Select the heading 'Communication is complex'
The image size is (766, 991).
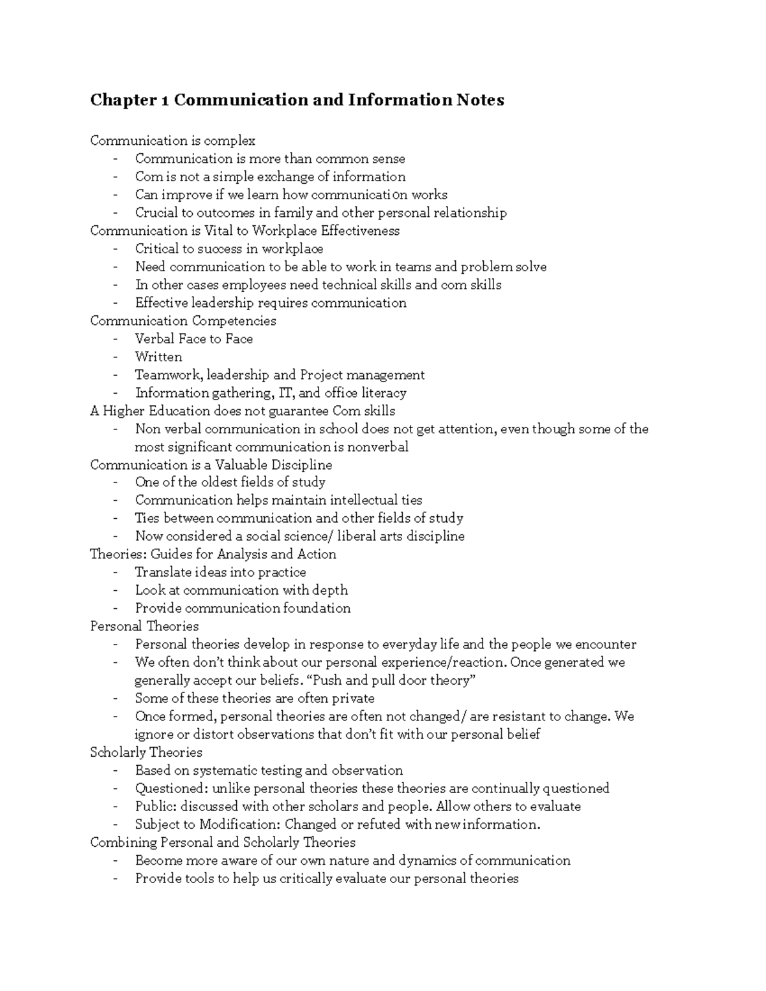tap(172, 140)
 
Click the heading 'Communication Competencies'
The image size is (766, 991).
tap(183, 320)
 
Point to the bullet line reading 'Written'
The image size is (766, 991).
tap(158, 357)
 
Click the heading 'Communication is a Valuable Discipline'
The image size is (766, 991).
tap(211, 465)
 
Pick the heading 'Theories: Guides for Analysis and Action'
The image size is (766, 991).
tap(213, 554)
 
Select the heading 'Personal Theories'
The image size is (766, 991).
tap(144, 626)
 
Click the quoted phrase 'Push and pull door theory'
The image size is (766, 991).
tap(387, 680)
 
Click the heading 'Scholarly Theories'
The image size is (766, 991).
tap(146, 752)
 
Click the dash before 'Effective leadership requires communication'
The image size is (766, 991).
tap(116, 303)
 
